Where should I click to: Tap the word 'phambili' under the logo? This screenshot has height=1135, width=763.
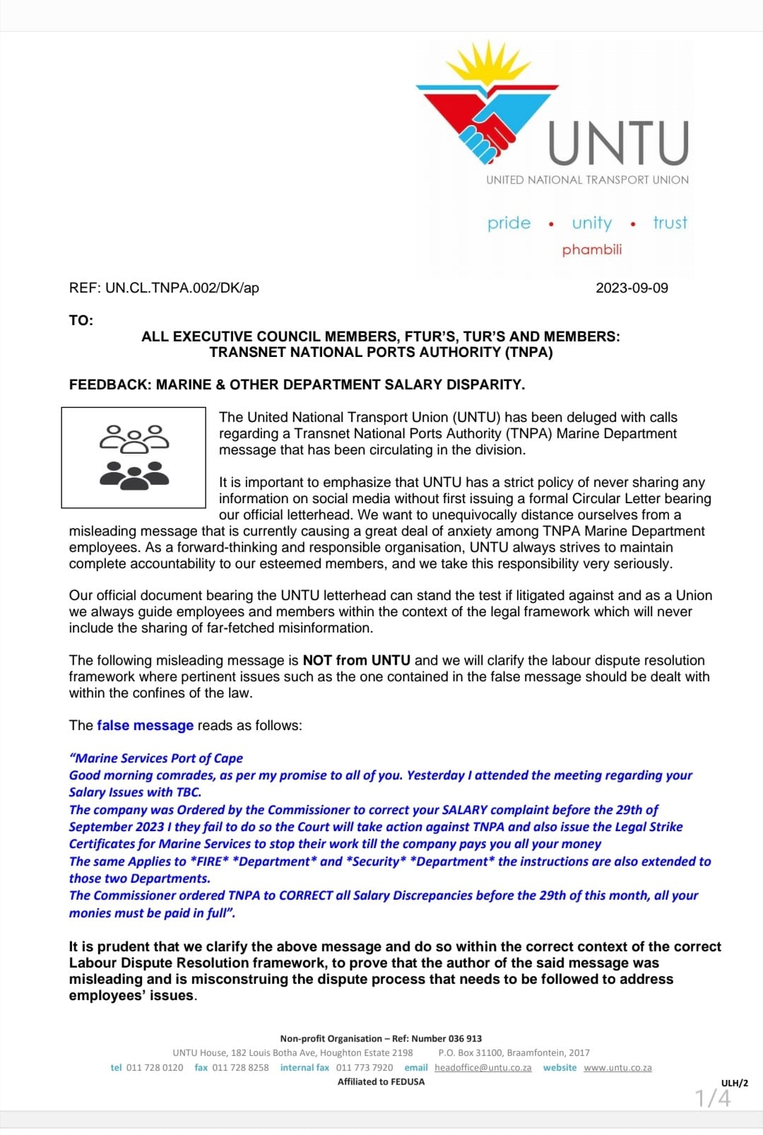pos(592,249)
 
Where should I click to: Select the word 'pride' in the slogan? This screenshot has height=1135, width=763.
pos(509,223)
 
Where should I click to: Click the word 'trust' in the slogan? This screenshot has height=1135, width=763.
pos(670,223)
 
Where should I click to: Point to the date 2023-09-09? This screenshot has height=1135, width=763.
pos(632,288)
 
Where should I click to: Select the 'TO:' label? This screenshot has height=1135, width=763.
pos(81,320)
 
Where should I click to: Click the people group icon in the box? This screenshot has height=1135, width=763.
pos(134,457)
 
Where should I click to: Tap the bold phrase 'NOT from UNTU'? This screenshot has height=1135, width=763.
pos(356,660)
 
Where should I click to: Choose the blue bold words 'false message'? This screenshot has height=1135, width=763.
pos(145,725)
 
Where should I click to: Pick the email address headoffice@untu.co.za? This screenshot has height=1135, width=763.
pos(483,1067)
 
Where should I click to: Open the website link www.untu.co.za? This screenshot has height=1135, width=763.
pos(617,1067)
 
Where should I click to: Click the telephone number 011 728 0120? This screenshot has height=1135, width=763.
pos(154,1067)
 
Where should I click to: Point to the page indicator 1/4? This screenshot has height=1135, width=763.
pos(713,1098)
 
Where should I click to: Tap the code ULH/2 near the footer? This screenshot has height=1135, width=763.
pos(734,1083)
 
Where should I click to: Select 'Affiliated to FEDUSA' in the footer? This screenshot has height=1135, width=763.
pos(381,1081)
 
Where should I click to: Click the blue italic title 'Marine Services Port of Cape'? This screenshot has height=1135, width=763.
pos(156,758)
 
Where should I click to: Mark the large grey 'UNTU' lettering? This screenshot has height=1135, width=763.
pos(618,143)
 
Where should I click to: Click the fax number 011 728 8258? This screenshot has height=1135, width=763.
pos(240,1067)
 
